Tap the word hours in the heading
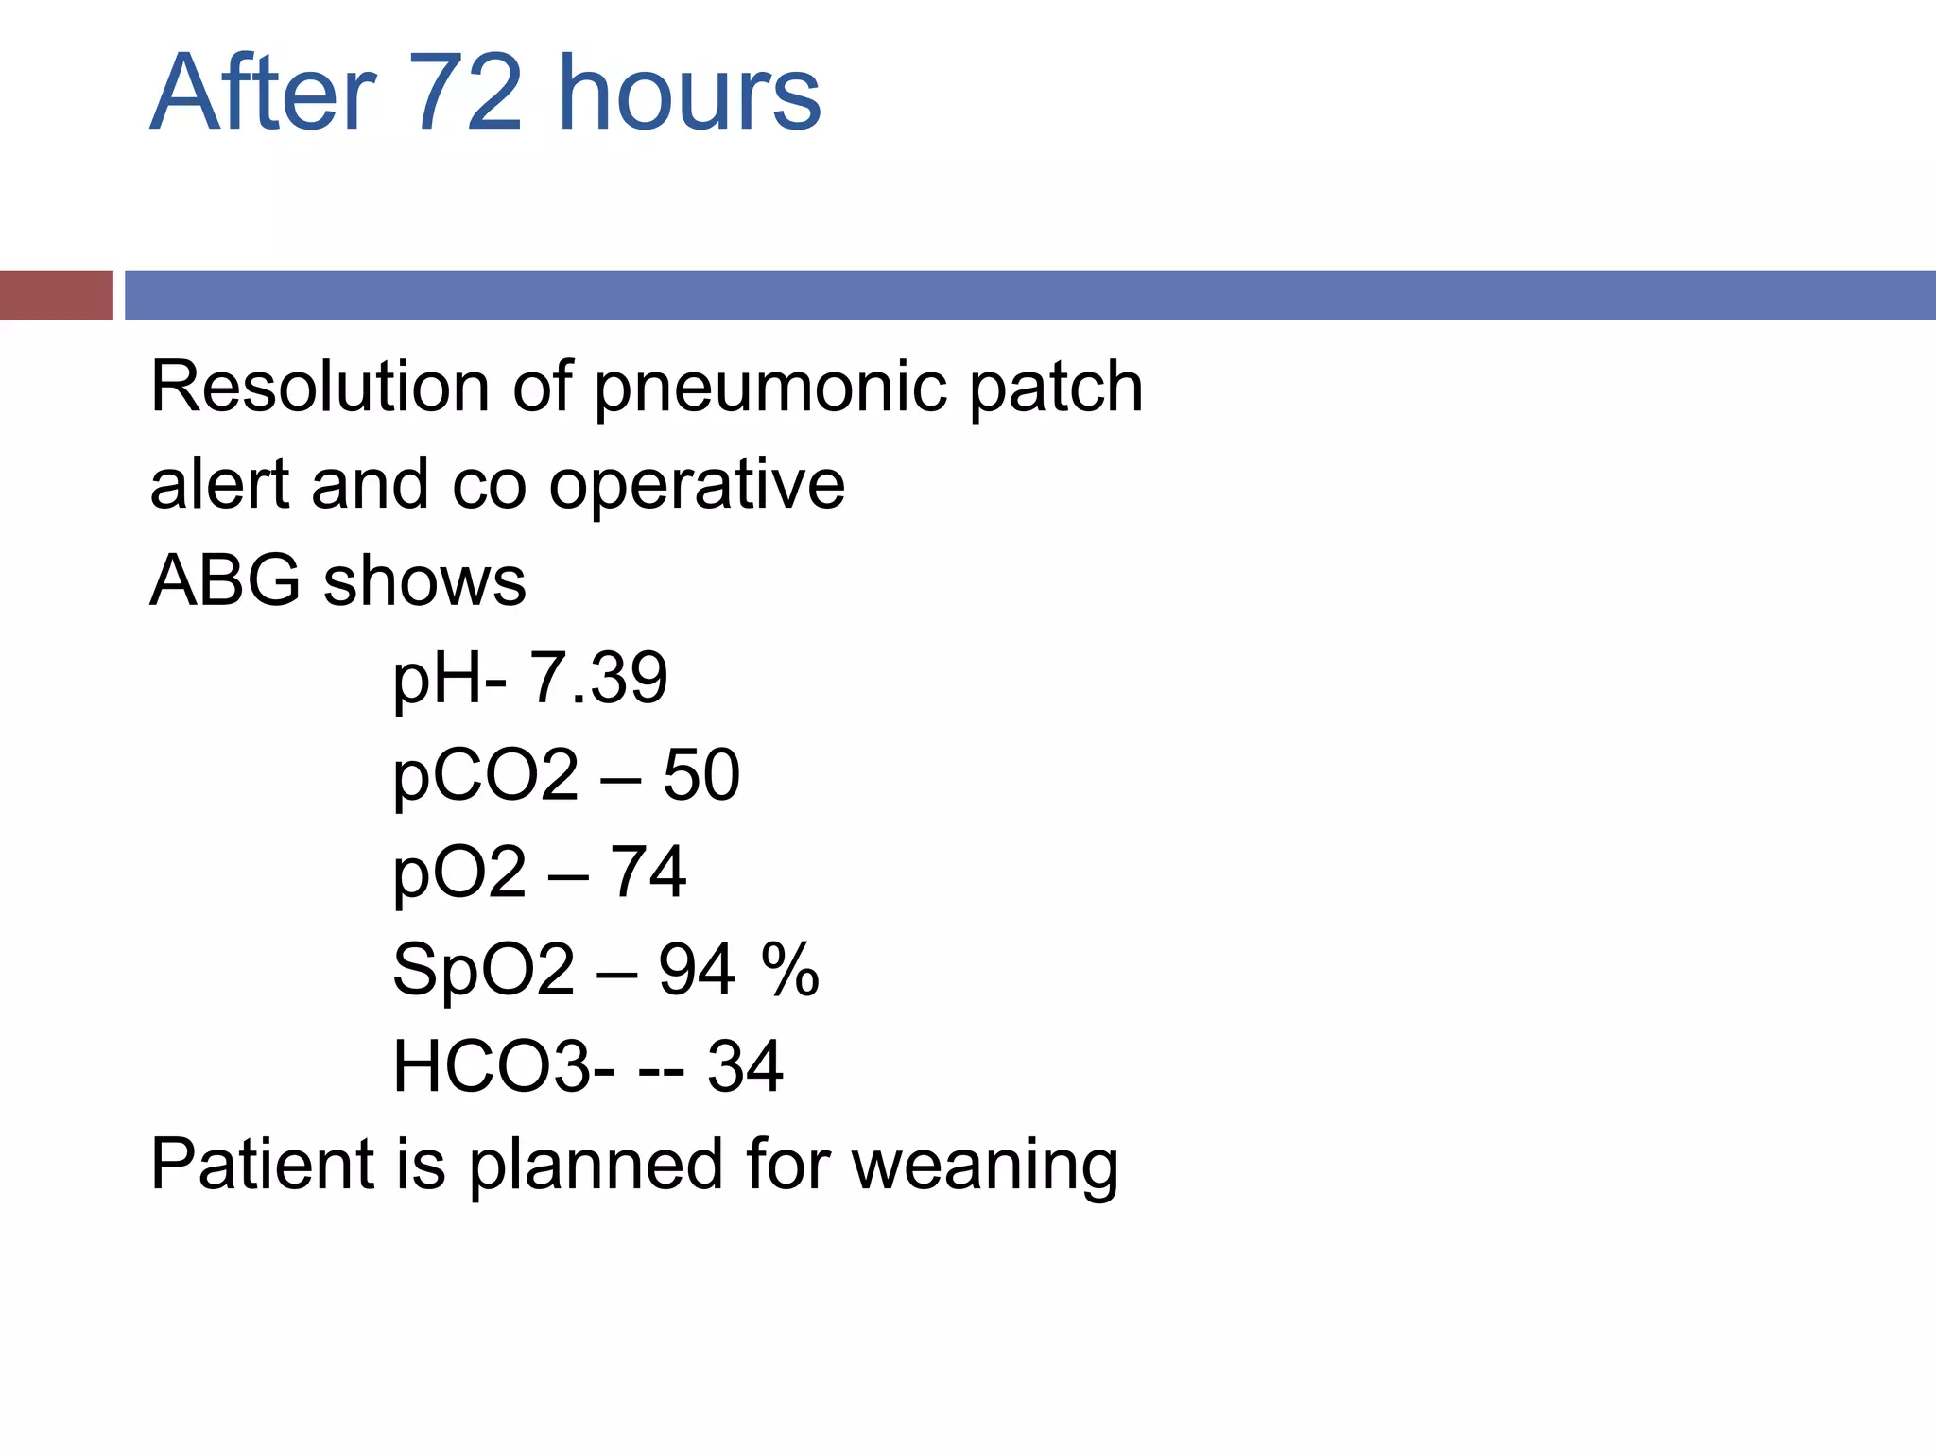click(689, 93)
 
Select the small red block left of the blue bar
click(56, 295)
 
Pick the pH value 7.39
click(597, 678)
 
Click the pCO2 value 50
click(700, 775)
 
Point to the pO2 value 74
click(648, 872)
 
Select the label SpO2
click(483, 970)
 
